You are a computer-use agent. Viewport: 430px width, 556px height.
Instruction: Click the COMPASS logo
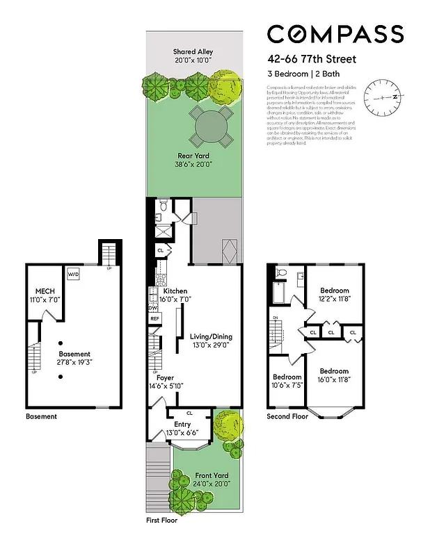pyautogui.click(x=335, y=33)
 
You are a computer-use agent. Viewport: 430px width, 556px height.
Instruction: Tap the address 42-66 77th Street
pyautogui.click(x=312, y=60)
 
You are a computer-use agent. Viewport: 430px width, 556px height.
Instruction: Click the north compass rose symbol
pyautogui.click(x=383, y=98)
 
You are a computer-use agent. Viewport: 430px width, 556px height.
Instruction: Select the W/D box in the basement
pyautogui.click(x=73, y=275)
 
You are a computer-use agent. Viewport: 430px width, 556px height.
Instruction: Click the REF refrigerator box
pyautogui.click(x=154, y=319)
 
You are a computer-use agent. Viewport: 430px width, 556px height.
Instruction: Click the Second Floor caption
pyautogui.click(x=287, y=417)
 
